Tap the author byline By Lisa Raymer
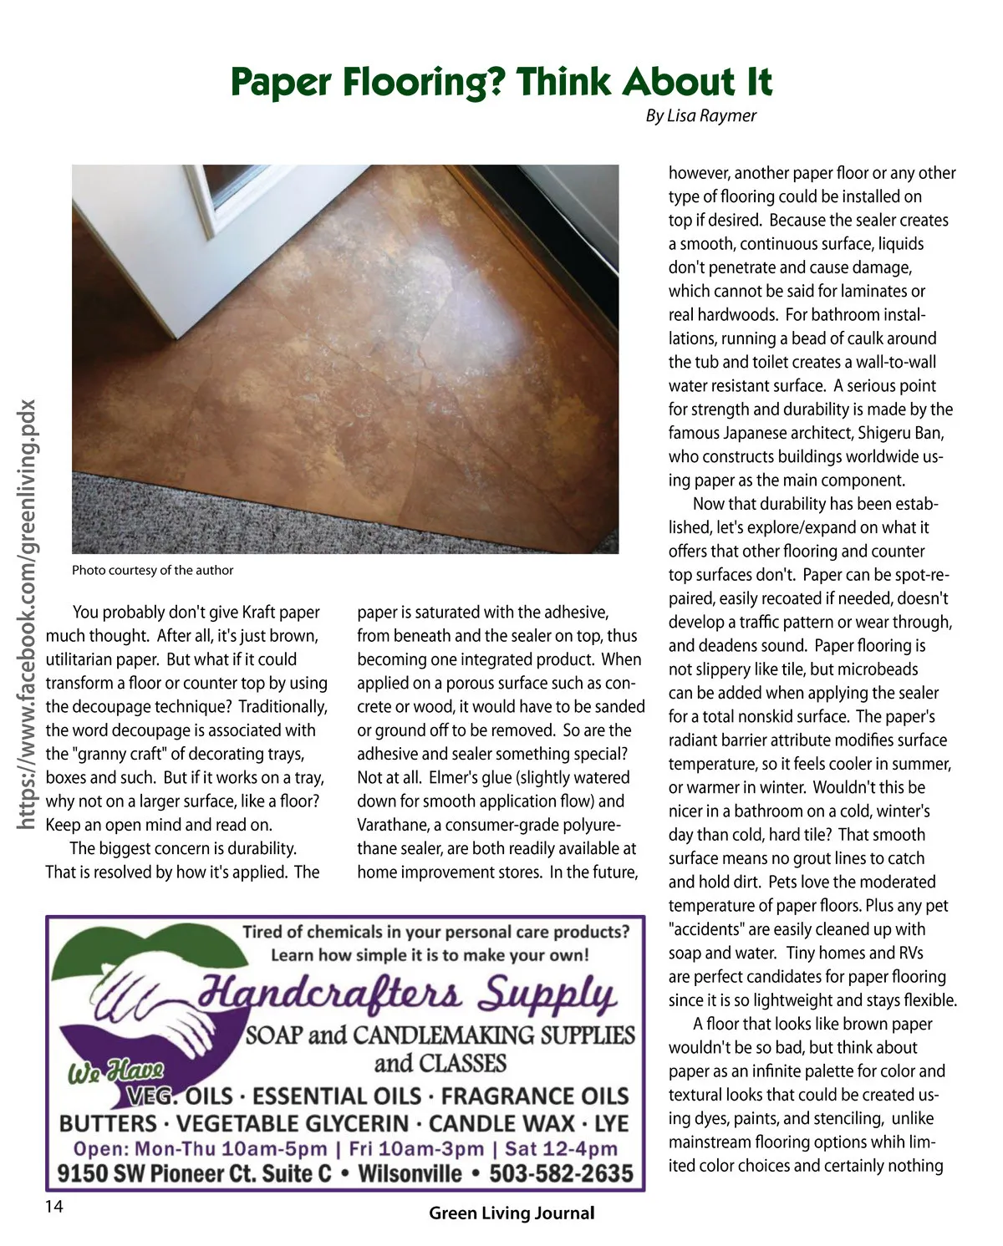coord(700,116)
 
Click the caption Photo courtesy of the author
coord(152,570)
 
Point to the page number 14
coord(53,1206)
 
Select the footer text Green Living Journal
coord(512,1213)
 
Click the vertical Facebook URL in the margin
coord(27,615)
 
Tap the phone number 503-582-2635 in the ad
coord(561,1173)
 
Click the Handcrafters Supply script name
coord(408,994)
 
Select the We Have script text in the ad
coord(115,1071)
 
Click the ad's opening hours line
coord(345,1149)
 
